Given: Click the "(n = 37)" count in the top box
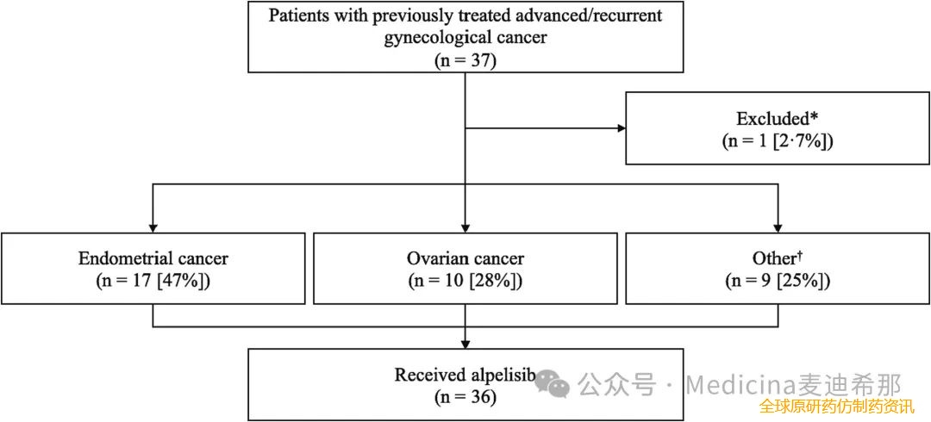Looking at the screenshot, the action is point(465,60).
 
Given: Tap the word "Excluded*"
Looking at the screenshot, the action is point(778,119).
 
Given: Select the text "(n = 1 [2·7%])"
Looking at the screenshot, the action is point(778,141).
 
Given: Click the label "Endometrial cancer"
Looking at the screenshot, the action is point(153,258).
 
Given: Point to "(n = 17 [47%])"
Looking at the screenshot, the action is point(153,282).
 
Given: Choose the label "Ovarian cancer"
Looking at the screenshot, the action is point(465,258).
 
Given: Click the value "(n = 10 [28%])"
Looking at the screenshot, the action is point(465,282).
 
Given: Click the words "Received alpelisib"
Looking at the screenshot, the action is point(466,375).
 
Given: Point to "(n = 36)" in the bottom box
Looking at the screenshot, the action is point(465,397).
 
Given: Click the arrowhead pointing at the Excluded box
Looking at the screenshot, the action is point(621,127).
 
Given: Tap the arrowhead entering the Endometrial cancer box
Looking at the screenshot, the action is point(153,227).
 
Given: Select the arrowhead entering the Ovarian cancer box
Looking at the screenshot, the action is point(465,227).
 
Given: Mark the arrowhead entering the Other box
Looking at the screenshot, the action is point(778,227).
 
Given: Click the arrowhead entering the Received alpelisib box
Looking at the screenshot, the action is point(465,343).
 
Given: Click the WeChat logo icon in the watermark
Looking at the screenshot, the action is point(553,385).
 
